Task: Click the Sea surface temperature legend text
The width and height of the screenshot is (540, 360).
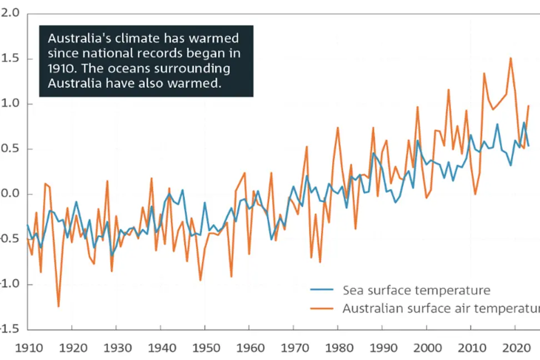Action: (x=416, y=290)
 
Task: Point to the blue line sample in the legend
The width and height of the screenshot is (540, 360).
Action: (x=321, y=290)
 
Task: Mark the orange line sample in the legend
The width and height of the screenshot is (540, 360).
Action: (x=321, y=308)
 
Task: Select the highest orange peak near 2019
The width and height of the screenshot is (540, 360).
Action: (x=511, y=58)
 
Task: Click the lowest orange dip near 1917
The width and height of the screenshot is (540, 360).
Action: (x=58, y=306)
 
